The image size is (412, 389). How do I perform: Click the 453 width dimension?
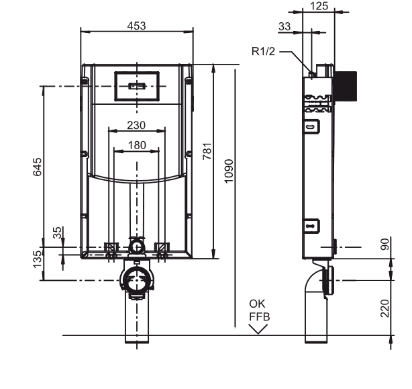137,26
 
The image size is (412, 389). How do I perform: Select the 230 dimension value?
136,125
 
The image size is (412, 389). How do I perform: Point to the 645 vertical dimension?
38,167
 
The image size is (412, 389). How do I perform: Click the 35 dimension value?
58,232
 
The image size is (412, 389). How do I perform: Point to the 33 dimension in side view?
285,26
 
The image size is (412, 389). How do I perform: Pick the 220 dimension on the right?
384,308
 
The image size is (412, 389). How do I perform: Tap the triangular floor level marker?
257,328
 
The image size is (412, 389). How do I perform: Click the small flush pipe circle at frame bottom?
136,247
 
